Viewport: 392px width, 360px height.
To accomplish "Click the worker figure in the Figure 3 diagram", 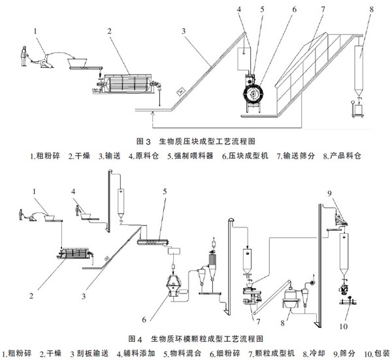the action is (24, 56).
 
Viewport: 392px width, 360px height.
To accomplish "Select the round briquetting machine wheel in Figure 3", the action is (253, 93).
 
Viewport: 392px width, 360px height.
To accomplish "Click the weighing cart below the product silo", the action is (358, 108).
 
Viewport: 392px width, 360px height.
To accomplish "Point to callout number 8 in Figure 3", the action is (372, 10).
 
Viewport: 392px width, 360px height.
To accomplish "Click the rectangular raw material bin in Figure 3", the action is (244, 59).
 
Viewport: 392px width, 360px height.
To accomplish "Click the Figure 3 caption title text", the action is (196, 142).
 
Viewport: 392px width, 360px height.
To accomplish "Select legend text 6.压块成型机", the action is (245, 155).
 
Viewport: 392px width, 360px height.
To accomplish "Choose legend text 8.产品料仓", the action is (342, 155).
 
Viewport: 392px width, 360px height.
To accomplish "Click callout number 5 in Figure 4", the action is (165, 191).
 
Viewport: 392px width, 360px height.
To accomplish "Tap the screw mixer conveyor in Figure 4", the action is (153, 242).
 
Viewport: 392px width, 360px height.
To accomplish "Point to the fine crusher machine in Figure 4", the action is (174, 286).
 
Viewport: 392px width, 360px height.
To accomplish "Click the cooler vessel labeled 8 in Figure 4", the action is (290, 299).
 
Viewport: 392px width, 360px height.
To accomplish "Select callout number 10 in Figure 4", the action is (344, 327).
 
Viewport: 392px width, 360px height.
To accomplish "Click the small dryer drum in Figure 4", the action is (75, 253).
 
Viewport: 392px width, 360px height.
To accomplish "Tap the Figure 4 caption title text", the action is (196, 339).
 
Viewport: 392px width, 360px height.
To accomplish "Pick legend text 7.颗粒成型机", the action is (272, 353).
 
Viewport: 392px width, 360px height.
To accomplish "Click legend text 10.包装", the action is (377, 353).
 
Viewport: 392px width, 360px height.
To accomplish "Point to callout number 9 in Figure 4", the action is (329, 193).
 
